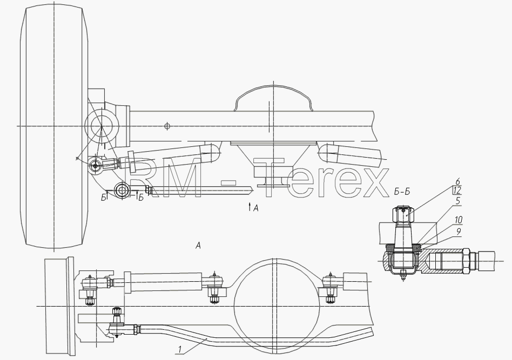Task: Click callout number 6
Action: (457, 182)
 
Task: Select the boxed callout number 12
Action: (457, 191)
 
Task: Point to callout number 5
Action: (458, 201)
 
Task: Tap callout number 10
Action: (459, 220)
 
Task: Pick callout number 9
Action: (459, 232)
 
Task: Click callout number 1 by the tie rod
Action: (179, 350)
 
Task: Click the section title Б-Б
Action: (402, 192)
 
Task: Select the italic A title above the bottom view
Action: (198, 246)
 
